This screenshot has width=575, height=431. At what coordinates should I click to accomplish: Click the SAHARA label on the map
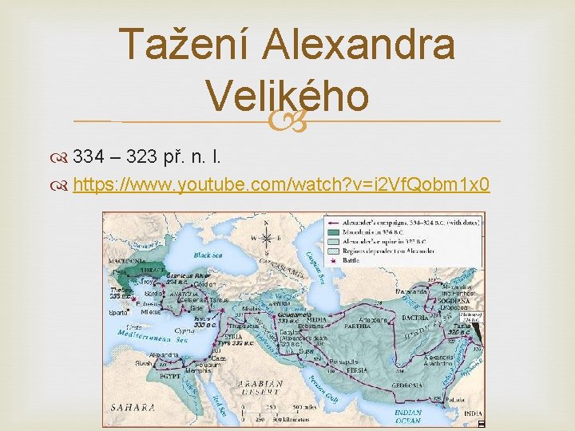coord(133,407)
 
